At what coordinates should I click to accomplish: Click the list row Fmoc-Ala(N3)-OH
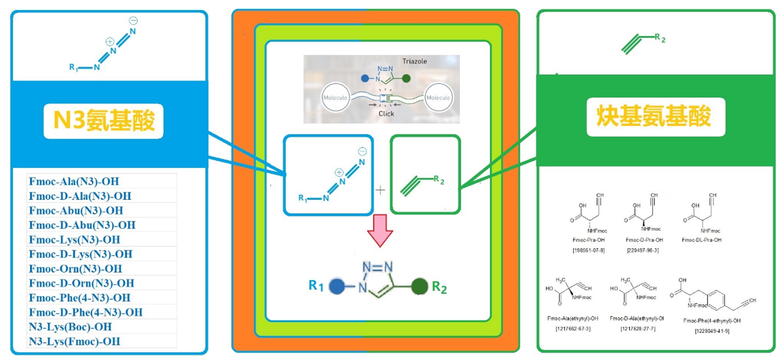point(78,181)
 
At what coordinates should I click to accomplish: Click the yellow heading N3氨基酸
point(103,121)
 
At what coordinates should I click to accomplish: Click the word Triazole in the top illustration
point(431,61)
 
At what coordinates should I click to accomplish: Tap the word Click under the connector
point(386,113)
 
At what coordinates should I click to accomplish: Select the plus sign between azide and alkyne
point(381,190)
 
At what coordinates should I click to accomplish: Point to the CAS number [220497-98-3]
point(643,250)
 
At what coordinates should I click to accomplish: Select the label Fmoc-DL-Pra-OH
point(701,240)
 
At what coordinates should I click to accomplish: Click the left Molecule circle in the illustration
point(335,97)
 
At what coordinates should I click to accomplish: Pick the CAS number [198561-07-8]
point(588,250)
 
